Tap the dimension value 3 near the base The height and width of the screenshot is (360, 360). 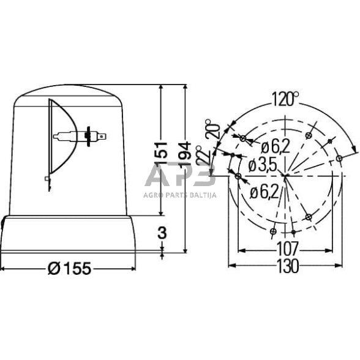tap(162, 233)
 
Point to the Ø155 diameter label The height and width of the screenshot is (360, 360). tap(69, 268)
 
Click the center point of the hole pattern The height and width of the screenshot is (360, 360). tap(285, 176)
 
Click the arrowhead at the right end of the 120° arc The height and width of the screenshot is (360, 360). tap(354, 147)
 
